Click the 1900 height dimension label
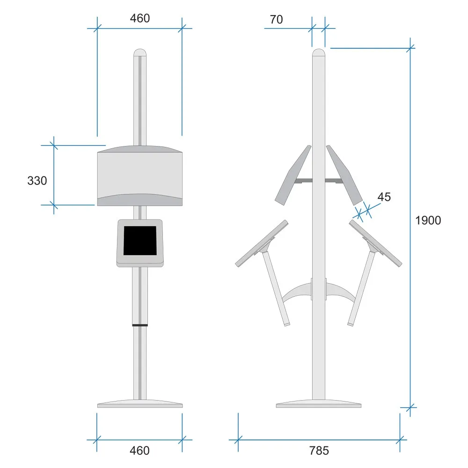(428, 220)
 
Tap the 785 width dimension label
(319, 450)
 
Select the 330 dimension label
(37, 181)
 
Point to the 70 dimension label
(276, 19)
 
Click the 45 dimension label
(384, 197)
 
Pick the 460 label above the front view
(139, 18)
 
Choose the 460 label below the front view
(139, 450)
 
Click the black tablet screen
(140, 241)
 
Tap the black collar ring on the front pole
(140, 325)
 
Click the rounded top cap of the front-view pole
(140, 52)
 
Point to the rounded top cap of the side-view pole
(319, 52)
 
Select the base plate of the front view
(140, 403)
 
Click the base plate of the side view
(319, 403)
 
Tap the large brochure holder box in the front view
(140, 175)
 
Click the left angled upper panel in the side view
(293, 175)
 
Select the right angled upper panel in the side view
(344, 175)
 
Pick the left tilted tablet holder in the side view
(262, 243)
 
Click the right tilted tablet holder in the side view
(376, 243)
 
